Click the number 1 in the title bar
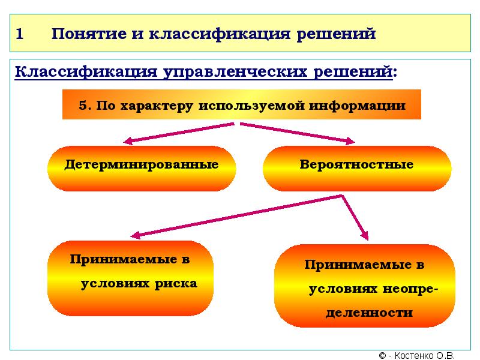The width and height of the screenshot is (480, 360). [x=20, y=34]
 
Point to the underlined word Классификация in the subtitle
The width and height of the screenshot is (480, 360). [x=84, y=73]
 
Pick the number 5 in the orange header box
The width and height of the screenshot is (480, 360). [x=83, y=106]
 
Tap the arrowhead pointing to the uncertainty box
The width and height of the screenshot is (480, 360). [x=365, y=235]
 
